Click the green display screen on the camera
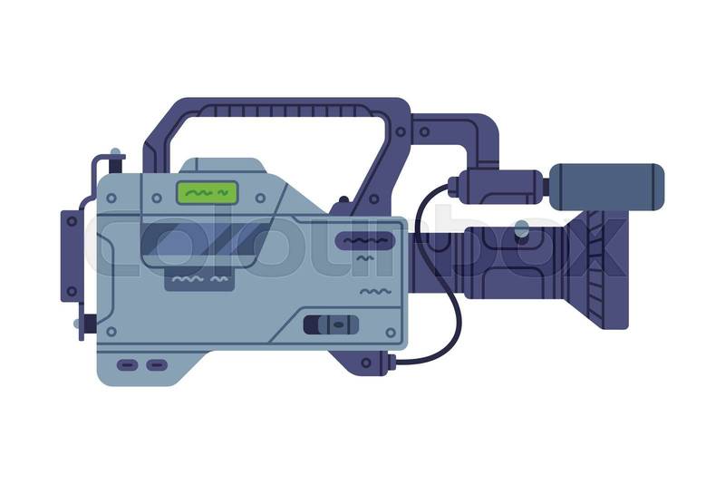tap(207, 192)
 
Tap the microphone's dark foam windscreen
tap(607, 187)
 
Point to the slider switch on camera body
tap(331, 324)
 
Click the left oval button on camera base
tap(128, 365)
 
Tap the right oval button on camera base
tap(157, 365)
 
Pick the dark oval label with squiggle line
tap(365, 241)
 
